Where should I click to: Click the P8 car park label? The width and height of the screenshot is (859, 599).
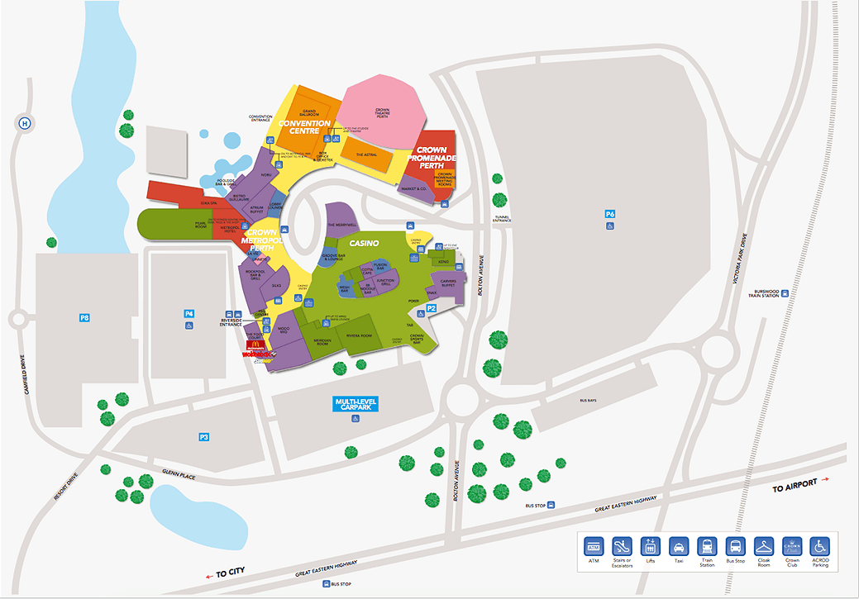click(84, 317)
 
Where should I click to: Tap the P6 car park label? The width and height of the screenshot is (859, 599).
click(610, 214)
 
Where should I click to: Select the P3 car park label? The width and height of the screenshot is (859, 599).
click(204, 436)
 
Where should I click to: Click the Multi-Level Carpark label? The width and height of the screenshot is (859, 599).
click(356, 404)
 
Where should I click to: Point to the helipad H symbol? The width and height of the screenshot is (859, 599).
click(25, 124)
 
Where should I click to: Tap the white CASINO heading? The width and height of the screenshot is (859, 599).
click(364, 243)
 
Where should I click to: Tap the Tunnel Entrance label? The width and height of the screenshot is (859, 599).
click(502, 219)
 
